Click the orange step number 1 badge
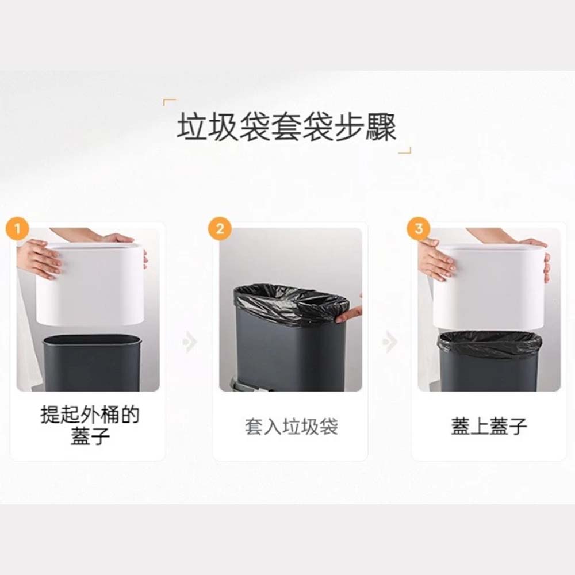click(x=17, y=229)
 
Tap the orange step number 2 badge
click(x=220, y=229)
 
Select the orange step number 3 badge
click(x=419, y=229)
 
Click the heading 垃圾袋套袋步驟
click(x=286, y=127)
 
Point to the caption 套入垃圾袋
click(x=292, y=427)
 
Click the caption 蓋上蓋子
click(x=489, y=427)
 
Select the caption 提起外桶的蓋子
click(x=90, y=425)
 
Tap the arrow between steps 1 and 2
click(x=190, y=342)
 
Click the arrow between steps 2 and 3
click(x=389, y=342)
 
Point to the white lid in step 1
click(x=90, y=283)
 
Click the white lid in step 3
click(x=488, y=287)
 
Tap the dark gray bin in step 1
click(x=92, y=362)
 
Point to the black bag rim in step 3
click(x=490, y=344)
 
